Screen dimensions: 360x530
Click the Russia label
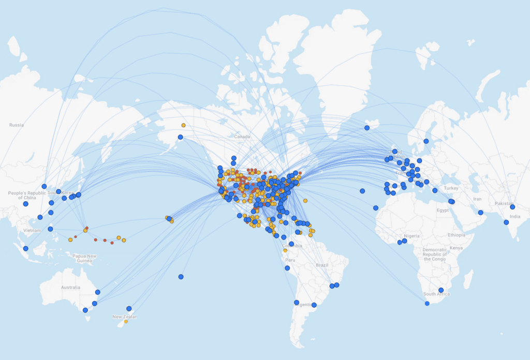16,125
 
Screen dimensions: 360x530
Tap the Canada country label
242,137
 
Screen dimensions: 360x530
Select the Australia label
70,287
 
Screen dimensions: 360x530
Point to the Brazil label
322,265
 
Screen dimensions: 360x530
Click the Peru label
290,260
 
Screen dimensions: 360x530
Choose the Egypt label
443,211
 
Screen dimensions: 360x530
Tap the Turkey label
451,188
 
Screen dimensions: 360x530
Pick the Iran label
477,199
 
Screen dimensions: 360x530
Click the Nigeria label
411,236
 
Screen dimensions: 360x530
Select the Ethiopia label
457,235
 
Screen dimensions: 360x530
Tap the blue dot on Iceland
367,128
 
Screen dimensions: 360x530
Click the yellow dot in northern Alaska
183,125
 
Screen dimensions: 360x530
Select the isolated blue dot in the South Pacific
181,277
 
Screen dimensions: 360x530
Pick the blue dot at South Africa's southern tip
427,304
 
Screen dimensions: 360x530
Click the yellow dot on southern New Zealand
126,321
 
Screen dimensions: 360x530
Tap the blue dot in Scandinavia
426,141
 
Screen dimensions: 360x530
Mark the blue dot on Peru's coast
287,268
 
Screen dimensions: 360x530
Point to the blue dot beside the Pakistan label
512,207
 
